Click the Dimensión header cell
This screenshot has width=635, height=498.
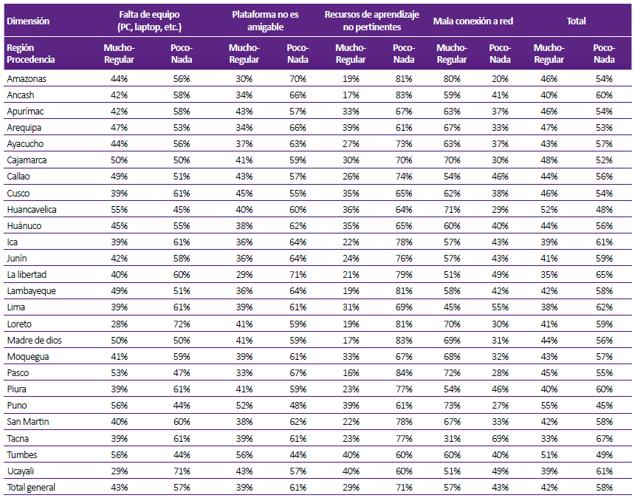coord(28,21)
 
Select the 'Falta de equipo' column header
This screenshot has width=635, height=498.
coord(149,21)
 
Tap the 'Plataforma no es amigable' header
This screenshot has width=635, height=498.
coord(265,21)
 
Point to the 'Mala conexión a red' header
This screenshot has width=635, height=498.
coord(473,21)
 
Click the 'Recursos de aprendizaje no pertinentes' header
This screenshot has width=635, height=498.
coord(371,21)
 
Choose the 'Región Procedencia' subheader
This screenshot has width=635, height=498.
coord(31,53)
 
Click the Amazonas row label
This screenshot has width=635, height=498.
coord(27,78)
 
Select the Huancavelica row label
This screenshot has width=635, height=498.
coord(32,210)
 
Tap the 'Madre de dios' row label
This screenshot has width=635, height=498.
coord(35,340)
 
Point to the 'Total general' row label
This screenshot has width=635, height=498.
coord(31,487)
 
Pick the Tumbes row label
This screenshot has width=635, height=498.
coord(22,454)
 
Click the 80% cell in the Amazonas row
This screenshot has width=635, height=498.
coord(452,78)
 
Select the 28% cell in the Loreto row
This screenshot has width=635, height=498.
coord(119,324)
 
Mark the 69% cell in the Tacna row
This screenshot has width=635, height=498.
coord(500,438)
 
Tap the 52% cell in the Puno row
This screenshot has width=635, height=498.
coord(244,405)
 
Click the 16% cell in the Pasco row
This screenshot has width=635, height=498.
coord(351,373)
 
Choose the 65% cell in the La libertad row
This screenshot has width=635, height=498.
coord(604,274)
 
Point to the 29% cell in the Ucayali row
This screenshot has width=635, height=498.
coord(119,471)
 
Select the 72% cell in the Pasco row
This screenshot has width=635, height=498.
coord(452,373)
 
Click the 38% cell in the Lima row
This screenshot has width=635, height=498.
coord(549,307)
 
